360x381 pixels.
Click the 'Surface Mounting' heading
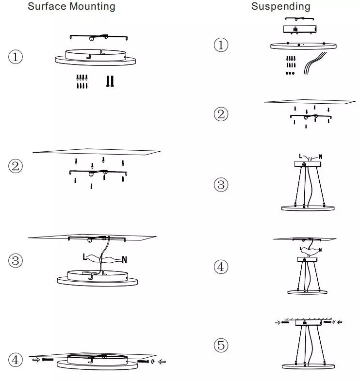pyautogui.click(x=71, y=6)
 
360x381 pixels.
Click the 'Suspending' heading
pyautogui.click(x=280, y=6)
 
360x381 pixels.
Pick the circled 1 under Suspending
pyautogui.click(x=221, y=46)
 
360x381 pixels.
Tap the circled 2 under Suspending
pyautogui.click(x=221, y=114)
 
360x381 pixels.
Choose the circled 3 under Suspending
pyautogui.click(x=221, y=185)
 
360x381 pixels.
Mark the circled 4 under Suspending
pyautogui.click(x=221, y=267)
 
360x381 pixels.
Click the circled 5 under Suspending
pyautogui.click(x=221, y=346)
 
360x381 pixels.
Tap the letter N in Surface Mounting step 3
pyautogui.click(x=125, y=260)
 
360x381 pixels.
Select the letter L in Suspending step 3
pyautogui.click(x=301, y=156)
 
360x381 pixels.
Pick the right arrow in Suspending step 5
pyautogui.click(x=339, y=321)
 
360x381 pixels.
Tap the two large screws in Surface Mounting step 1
pyautogui.click(x=110, y=81)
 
